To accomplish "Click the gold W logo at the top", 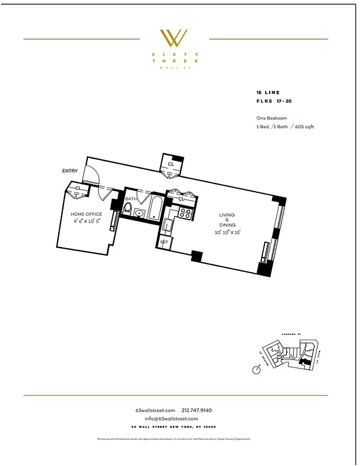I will click(174, 38).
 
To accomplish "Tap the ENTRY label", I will click(70, 171).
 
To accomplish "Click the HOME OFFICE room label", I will click(86, 214).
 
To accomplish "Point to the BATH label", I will click(130, 199).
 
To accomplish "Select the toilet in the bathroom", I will click(128, 208).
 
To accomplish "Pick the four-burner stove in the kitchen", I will click(184, 213).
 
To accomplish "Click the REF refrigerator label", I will click(164, 242).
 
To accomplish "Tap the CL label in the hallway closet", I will click(171, 164).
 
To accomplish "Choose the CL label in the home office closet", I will click(77, 188).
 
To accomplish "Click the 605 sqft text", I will click(304, 126).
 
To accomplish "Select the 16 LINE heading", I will click(268, 92).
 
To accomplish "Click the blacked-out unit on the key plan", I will click(302, 362).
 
